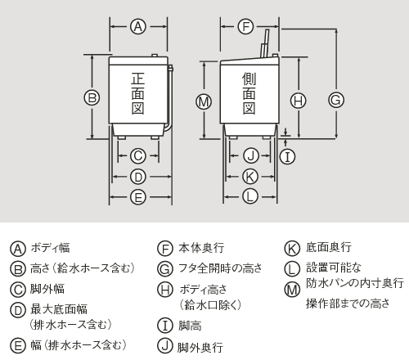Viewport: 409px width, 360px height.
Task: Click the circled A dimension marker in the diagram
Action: [x=138, y=27]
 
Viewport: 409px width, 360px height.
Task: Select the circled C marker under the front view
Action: [x=138, y=155]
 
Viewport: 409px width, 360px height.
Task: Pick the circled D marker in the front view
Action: [x=138, y=176]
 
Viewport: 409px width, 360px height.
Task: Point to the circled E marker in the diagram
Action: [x=138, y=196]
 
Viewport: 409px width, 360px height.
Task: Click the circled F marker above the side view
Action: [x=245, y=27]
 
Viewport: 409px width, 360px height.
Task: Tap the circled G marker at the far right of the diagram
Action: [x=335, y=99]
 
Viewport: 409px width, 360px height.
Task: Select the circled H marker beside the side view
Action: [x=299, y=101]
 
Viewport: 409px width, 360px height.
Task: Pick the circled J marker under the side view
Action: [x=251, y=155]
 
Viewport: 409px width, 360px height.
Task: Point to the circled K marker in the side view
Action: [x=251, y=176]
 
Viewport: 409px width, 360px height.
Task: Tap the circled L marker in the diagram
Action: [x=251, y=196]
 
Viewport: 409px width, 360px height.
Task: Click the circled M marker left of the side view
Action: [x=204, y=101]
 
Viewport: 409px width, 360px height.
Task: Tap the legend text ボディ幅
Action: [x=50, y=248]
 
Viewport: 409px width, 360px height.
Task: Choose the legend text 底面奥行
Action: [x=329, y=248]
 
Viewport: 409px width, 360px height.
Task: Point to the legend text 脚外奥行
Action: [x=200, y=347]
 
